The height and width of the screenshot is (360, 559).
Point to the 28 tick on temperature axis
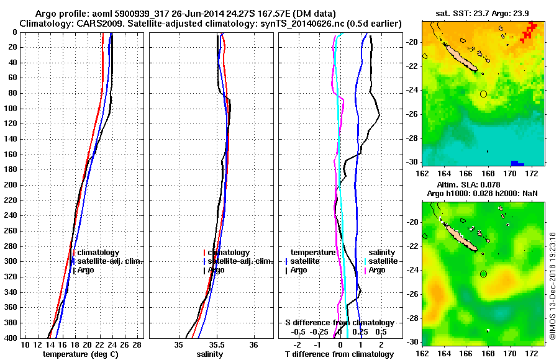pyautogui.click(x=137, y=344)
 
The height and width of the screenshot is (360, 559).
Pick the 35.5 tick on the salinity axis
pyautogui.click(x=216, y=344)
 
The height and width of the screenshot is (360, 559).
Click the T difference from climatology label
pyautogui.click(x=340, y=354)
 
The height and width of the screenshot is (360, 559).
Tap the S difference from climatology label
pyautogui.click(x=340, y=323)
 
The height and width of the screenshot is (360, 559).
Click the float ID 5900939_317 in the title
pyautogui.click(x=144, y=14)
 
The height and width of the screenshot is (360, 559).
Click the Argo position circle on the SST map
pyautogui.click(x=483, y=94)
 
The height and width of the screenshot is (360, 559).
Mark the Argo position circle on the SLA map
pyautogui.click(x=483, y=274)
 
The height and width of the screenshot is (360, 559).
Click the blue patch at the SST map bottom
pyautogui.click(x=514, y=163)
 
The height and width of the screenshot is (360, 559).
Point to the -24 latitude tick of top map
pyautogui.click(x=414, y=90)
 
